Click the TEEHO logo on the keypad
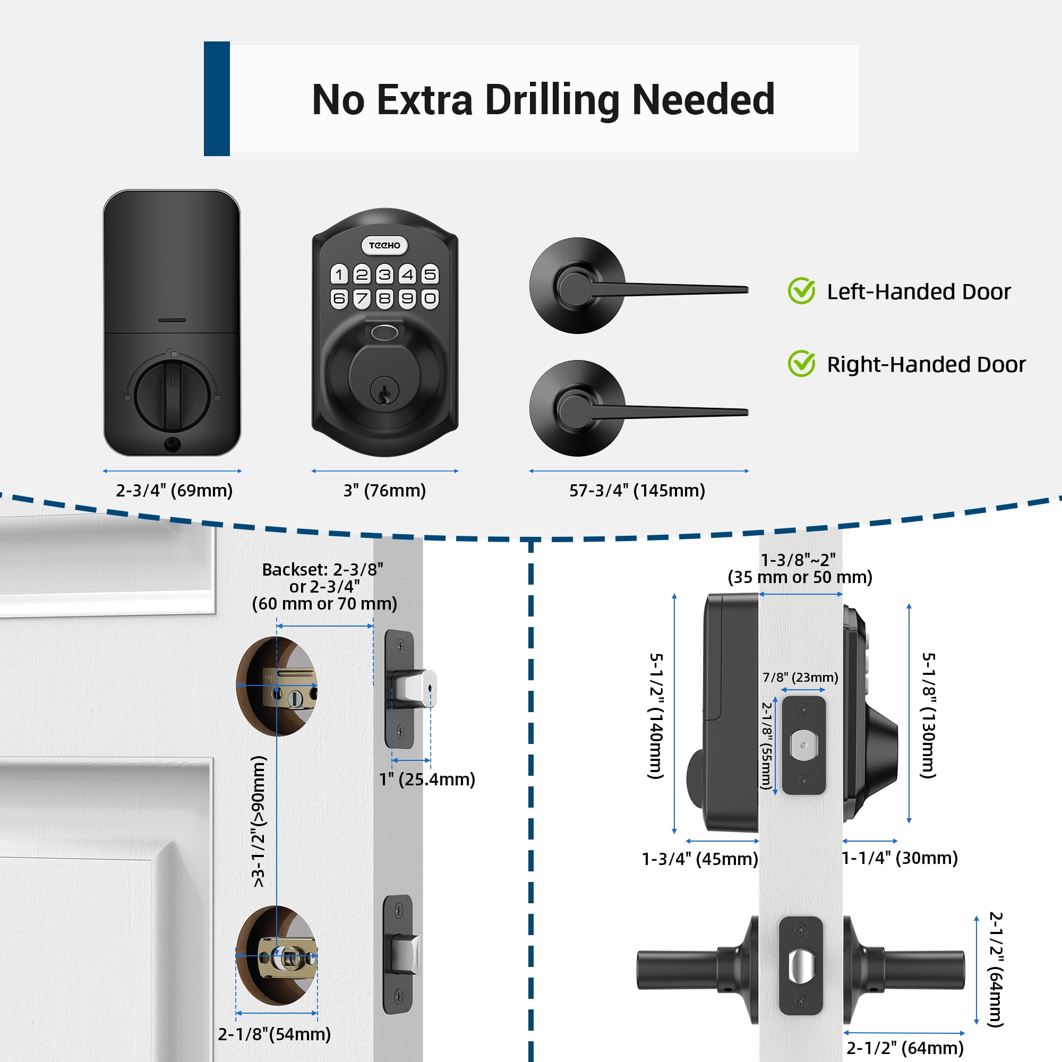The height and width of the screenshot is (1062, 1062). coord(384,245)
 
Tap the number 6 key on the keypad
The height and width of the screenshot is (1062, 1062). coord(339,298)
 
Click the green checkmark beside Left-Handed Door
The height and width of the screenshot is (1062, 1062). coord(802,290)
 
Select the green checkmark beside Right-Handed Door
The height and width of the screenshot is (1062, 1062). coord(802,363)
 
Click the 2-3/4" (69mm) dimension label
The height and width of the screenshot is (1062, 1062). coord(174,490)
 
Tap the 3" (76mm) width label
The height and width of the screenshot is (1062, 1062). coord(385,490)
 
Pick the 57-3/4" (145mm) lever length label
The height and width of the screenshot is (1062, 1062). coord(637,490)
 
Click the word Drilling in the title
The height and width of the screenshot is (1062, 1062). coord(552,100)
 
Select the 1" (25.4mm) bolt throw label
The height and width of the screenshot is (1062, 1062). coord(427,779)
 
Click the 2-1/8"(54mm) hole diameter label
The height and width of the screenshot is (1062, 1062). coord(275,1034)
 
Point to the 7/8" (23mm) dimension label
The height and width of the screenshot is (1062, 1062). coord(800,677)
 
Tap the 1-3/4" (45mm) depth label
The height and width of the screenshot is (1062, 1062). coord(700,859)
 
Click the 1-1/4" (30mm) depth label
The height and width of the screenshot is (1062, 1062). coord(900,858)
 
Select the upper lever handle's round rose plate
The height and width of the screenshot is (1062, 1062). coord(577,286)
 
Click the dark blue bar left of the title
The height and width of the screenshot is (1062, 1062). coord(217,98)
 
